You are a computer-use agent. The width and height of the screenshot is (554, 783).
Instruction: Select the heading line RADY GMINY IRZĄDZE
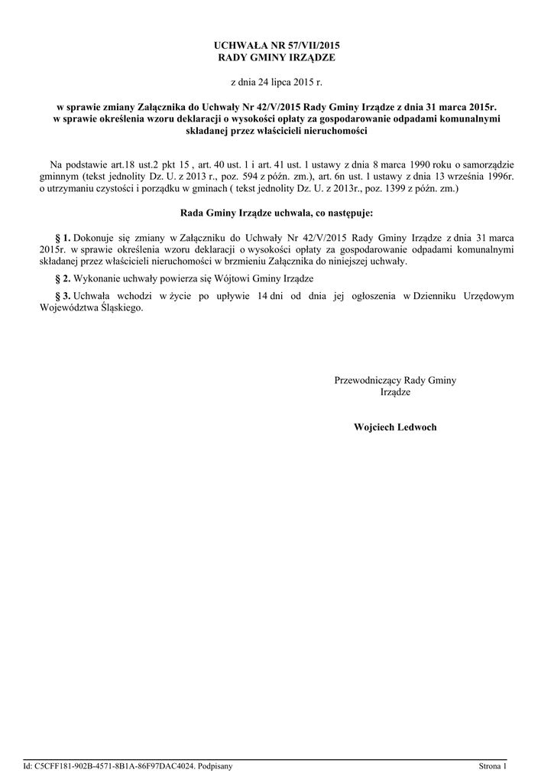277,57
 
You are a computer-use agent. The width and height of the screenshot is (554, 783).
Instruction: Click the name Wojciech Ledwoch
395,427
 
